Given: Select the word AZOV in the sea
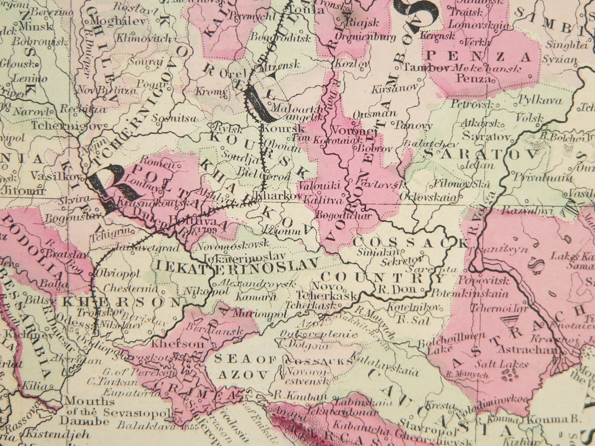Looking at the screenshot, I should tap(243, 374).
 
